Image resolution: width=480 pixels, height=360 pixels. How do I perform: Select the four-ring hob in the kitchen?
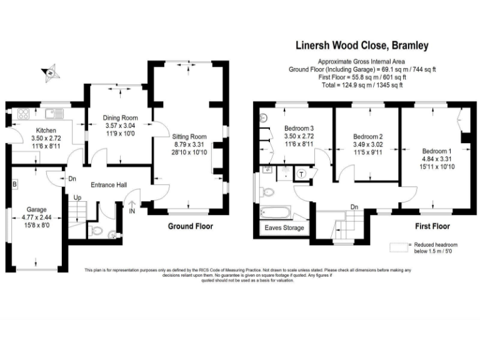pyautogui.click(x=24, y=114)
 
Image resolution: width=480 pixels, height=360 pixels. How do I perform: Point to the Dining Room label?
pyautogui.click(x=120, y=117)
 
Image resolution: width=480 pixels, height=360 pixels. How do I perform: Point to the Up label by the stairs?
pyautogui.click(x=78, y=197)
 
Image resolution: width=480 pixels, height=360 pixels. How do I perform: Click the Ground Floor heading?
pyautogui.click(x=190, y=226)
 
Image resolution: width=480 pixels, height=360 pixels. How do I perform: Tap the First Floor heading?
pyautogui.click(x=432, y=226)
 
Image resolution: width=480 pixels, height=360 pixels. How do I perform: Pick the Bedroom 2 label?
pyautogui.click(x=367, y=136)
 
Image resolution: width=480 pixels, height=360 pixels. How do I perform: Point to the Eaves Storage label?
pyautogui.click(x=285, y=227)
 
